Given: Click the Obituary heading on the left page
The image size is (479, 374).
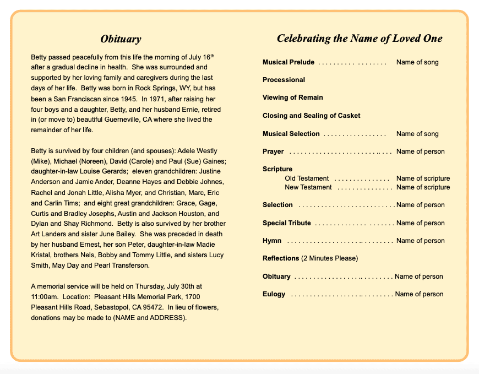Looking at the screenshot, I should pos(121,39).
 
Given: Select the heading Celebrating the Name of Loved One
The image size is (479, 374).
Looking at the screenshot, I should pos(360,39).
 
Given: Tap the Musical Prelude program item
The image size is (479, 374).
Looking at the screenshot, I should pos(289,62).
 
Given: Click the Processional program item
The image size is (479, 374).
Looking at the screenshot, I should pos(284,80).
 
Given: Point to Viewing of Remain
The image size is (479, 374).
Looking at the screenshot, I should pos(293,97).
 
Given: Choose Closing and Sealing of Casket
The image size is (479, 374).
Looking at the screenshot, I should pos(312,116).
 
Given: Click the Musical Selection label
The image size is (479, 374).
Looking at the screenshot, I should pos(291,134).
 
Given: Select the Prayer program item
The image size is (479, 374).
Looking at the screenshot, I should pos(273,151).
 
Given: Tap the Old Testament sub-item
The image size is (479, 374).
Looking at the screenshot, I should pos(307,178).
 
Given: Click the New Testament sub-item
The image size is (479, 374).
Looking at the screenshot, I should pos(308,187).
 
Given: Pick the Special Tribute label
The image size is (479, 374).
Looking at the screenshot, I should pos(287,223).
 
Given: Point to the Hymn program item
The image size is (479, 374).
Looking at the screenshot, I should pos(272,241).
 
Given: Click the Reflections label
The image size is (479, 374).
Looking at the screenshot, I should pos(281,258).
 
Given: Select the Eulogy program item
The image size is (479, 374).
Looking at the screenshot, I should pos(274,294).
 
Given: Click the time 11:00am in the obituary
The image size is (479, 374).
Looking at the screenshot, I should pos(44,296).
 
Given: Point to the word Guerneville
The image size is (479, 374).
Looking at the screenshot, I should pos(100,120).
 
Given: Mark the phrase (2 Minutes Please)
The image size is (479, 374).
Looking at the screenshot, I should pos(329,258).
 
